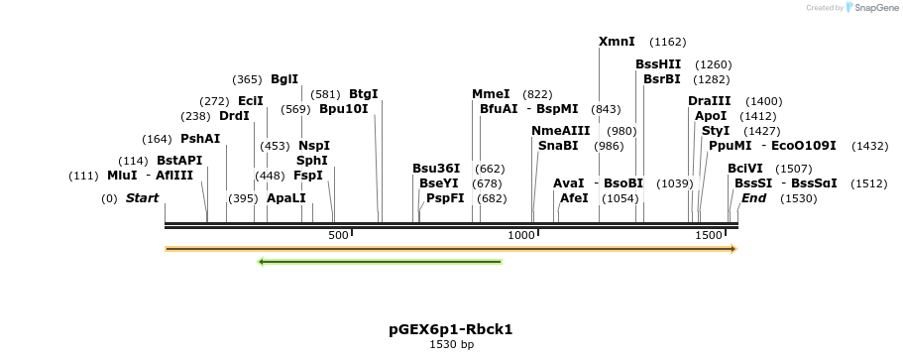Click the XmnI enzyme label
[x=617, y=42]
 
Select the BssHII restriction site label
[x=658, y=64]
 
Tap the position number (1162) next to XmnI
[x=667, y=42]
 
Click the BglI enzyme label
[x=283, y=79]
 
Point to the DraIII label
[x=709, y=101]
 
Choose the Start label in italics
[x=142, y=198]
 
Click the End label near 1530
[x=753, y=198]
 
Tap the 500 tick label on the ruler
[x=338, y=234]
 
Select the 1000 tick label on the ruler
[x=521, y=234]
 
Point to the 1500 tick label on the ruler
[x=709, y=234]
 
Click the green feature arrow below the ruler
[x=380, y=262]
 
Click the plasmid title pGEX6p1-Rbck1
[x=451, y=329]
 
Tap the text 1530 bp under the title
[x=451, y=345]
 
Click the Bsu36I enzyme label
[x=436, y=169]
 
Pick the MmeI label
[x=491, y=94]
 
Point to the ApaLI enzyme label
[x=286, y=198]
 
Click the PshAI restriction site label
[x=200, y=139]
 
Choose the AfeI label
[x=574, y=198]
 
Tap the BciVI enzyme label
[x=745, y=169]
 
